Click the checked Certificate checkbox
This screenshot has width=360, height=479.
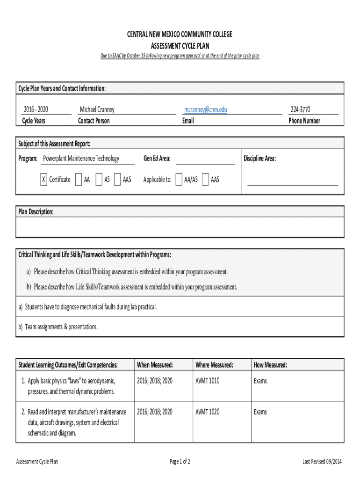[43, 180]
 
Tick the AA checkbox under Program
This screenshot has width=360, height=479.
[78, 180]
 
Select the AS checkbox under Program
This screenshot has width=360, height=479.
[99, 180]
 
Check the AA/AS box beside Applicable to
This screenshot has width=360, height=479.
[179, 180]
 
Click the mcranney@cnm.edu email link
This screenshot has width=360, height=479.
[206, 110]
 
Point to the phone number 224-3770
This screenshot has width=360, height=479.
[300, 110]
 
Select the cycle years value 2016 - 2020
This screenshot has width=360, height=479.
[36, 110]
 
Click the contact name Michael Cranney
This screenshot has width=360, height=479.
[97, 110]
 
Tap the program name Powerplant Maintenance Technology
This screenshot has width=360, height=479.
[81, 159]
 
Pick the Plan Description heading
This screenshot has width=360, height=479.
[36, 212]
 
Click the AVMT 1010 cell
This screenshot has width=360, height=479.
[207, 381]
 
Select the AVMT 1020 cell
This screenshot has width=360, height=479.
[207, 412]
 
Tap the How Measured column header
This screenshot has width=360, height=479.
[270, 365]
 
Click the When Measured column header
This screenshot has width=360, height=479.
[155, 365]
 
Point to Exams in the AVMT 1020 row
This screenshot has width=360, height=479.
[260, 412]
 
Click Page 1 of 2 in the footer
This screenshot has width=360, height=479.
[180, 462]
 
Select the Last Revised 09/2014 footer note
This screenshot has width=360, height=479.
[322, 462]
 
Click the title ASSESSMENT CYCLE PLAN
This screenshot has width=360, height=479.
[180, 46]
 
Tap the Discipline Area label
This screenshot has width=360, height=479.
[259, 159]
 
